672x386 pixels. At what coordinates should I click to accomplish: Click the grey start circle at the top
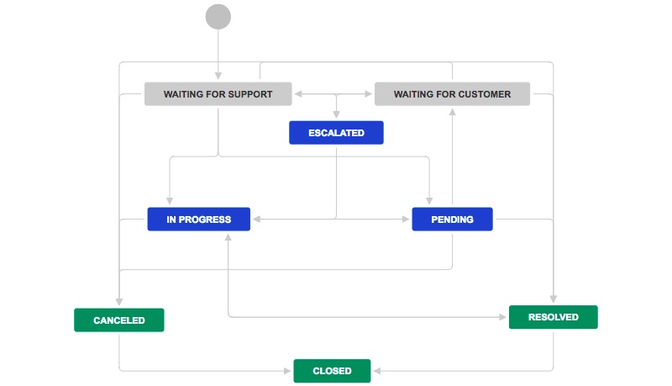click(x=218, y=17)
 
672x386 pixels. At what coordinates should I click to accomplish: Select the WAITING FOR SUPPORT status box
click(x=218, y=94)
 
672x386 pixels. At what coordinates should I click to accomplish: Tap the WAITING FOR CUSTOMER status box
click(x=452, y=94)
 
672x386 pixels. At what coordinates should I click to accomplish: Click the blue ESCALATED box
click(x=336, y=133)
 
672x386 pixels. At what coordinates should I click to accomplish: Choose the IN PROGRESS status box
click(x=199, y=219)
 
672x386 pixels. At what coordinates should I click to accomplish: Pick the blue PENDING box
click(x=452, y=219)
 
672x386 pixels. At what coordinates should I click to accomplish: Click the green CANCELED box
click(x=118, y=320)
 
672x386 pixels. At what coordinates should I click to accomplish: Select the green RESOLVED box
click(x=553, y=317)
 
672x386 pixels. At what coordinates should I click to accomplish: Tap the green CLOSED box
click(x=332, y=371)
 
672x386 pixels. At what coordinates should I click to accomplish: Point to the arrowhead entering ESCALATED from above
click(x=336, y=117)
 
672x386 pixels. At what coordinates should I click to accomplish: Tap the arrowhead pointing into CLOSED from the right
click(x=376, y=370)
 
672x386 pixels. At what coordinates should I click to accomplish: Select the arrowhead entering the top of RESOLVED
click(x=553, y=300)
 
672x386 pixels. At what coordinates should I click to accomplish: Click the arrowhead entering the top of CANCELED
click(x=118, y=304)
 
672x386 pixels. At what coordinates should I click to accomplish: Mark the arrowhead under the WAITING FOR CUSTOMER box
click(x=452, y=111)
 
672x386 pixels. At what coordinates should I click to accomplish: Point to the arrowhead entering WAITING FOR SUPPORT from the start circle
click(x=218, y=77)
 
